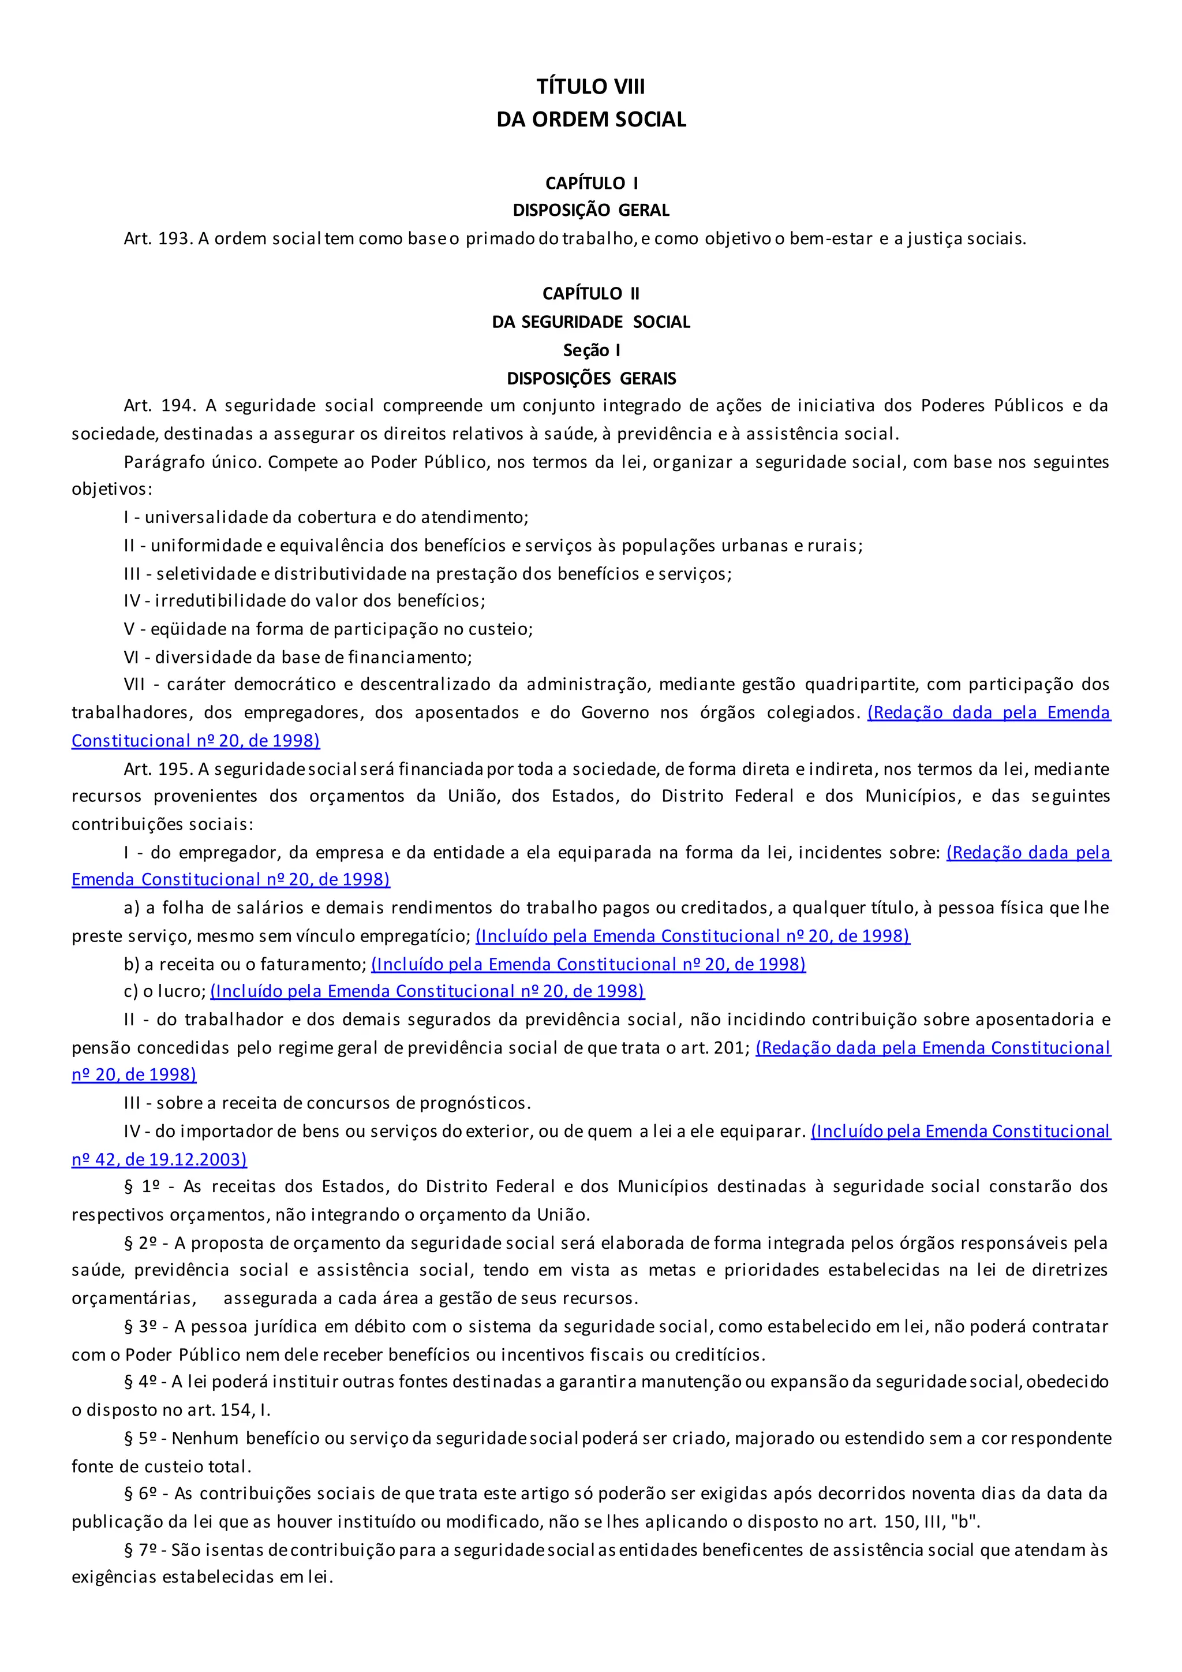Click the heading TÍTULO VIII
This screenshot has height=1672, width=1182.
tap(590, 87)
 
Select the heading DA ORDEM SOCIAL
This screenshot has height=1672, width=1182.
tap(591, 120)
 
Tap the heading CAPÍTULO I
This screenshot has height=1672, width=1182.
tap(591, 183)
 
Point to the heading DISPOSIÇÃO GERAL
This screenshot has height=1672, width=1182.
tap(591, 211)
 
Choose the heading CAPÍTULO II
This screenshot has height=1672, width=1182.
tap(591, 293)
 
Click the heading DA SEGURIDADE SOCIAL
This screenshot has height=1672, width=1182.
tap(591, 322)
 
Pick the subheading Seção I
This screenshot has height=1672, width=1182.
tap(591, 350)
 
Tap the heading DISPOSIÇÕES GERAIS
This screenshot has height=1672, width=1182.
tap(591, 379)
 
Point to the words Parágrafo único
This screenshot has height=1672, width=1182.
tap(192, 462)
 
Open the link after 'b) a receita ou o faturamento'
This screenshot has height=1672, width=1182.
tap(588, 964)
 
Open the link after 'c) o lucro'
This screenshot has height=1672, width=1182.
tap(427, 992)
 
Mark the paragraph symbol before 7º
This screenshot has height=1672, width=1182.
tap(129, 1550)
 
